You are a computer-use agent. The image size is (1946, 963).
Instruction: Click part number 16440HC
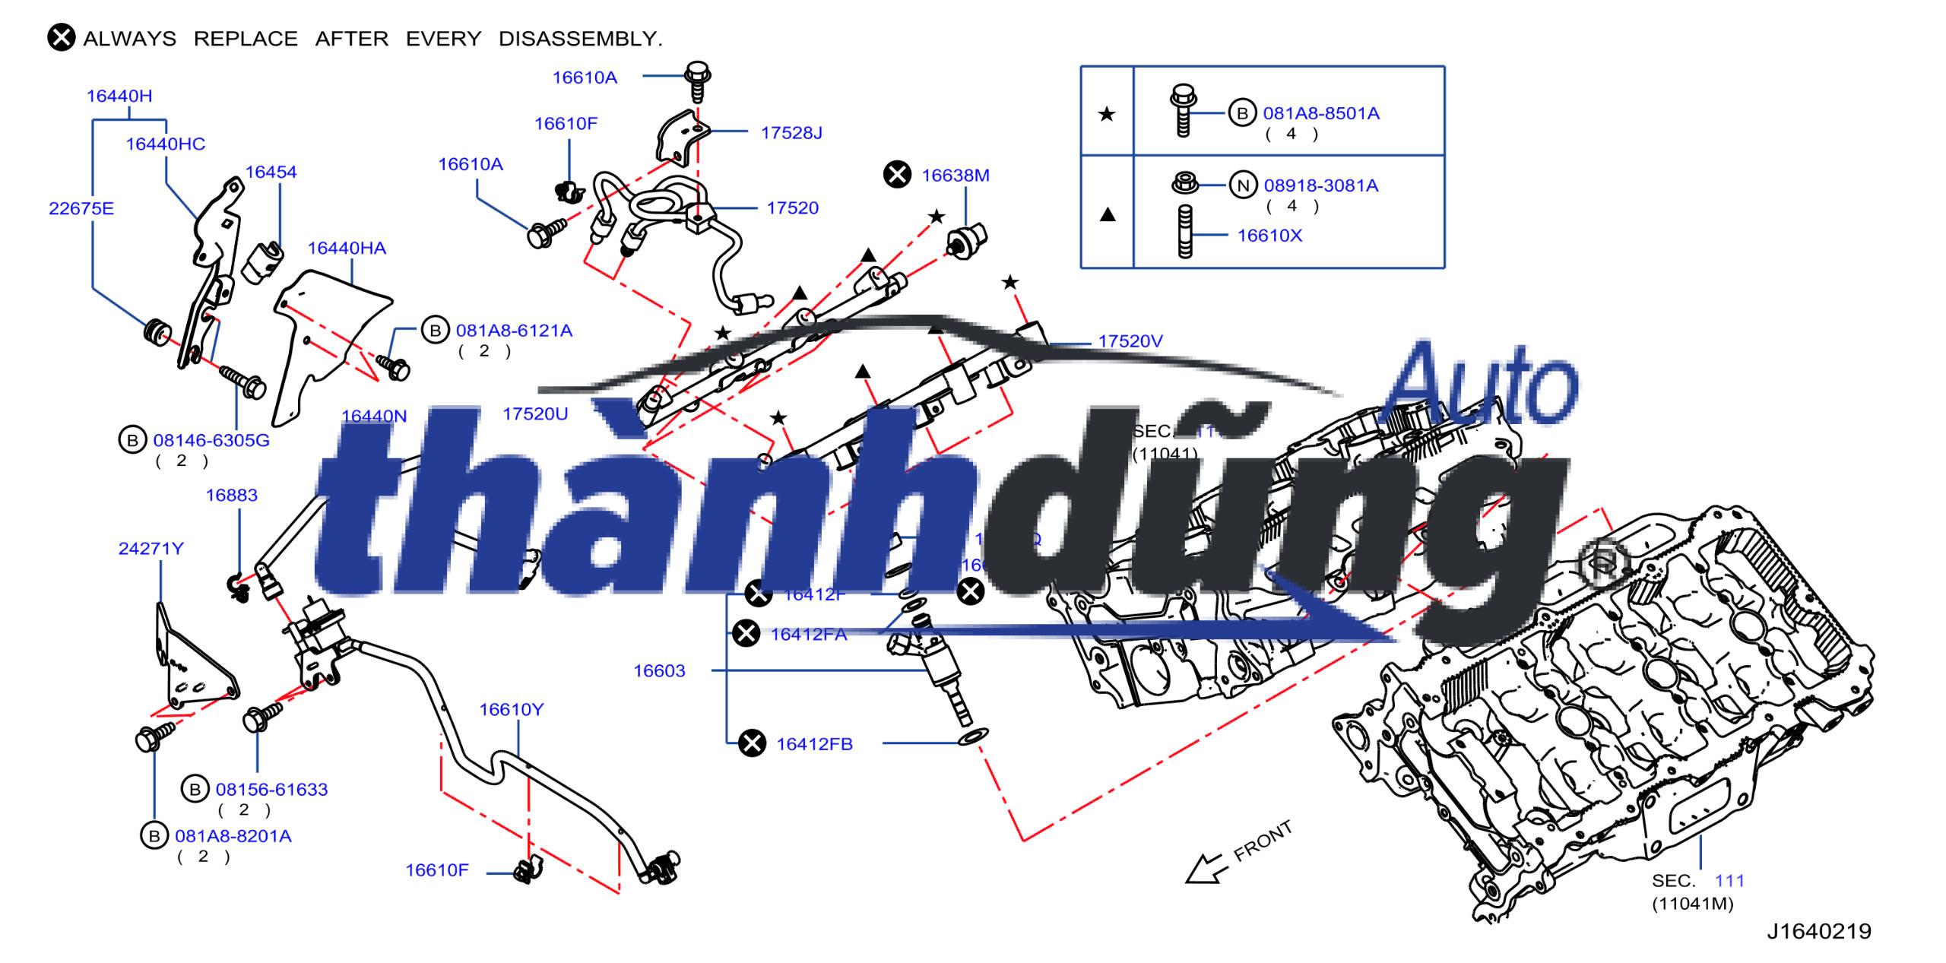click(x=165, y=144)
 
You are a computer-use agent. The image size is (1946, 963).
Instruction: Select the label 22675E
click(x=81, y=208)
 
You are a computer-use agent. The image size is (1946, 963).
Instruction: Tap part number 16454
click(x=271, y=173)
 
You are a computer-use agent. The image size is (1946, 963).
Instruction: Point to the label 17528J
click(x=791, y=133)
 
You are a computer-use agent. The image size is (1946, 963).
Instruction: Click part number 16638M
click(x=955, y=176)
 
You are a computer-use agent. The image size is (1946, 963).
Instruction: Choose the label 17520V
click(x=1130, y=342)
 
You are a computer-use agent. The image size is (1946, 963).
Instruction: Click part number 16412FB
click(x=814, y=744)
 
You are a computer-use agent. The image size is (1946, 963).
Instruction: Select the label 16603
click(x=659, y=671)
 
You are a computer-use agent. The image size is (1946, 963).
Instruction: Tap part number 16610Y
click(x=511, y=710)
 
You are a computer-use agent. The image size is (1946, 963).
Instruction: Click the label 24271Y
click(x=151, y=549)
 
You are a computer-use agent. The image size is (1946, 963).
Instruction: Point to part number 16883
click(x=231, y=496)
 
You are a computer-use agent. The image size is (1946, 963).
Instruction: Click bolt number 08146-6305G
click(x=211, y=441)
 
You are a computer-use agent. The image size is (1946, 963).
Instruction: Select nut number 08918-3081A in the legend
click(x=1320, y=186)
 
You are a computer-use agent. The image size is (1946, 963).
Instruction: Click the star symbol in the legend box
click(x=1107, y=115)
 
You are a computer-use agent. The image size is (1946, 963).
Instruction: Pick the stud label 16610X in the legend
click(x=1269, y=236)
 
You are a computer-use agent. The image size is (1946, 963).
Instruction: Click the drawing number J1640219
click(x=1818, y=932)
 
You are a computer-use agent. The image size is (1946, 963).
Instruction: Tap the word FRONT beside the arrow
click(x=1263, y=841)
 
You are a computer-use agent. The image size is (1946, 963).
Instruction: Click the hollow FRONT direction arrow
click(x=1206, y=869)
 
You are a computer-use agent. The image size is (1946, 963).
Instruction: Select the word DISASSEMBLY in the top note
click(x=580, y=39)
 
